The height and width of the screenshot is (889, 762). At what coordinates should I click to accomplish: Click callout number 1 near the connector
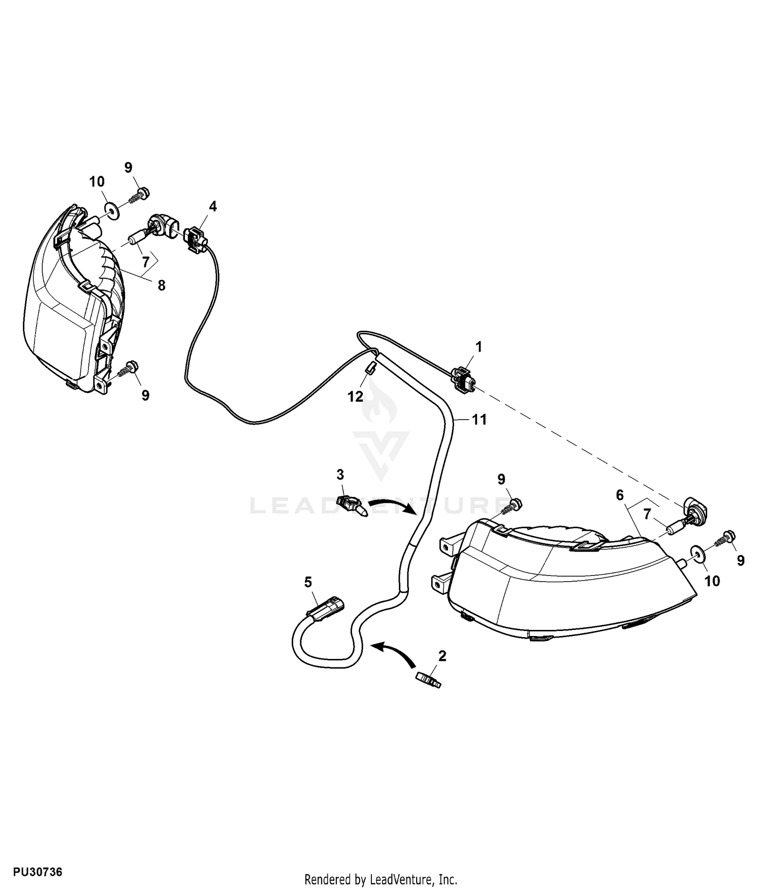click(x=478, y=347)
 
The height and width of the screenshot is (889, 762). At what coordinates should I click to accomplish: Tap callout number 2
click(x=442, y=656)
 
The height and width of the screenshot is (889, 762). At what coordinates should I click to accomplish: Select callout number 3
click(x=340, y=474)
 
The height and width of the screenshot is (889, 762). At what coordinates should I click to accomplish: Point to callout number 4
click(x=213, y=206)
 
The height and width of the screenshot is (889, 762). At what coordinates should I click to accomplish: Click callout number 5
click(x=308, y=582)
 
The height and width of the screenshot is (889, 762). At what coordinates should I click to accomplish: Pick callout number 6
click(x=619, y=495)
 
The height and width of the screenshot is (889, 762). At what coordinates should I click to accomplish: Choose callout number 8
click(x=161, y=285)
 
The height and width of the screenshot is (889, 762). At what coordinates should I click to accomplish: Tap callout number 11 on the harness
click(x=479, y=420)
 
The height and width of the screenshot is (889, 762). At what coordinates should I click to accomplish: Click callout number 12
click(x=356, y=396)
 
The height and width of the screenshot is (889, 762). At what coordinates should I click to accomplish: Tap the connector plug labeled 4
click(x=196, y=239)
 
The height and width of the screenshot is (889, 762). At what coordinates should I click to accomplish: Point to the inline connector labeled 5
click(x=326, y=607)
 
